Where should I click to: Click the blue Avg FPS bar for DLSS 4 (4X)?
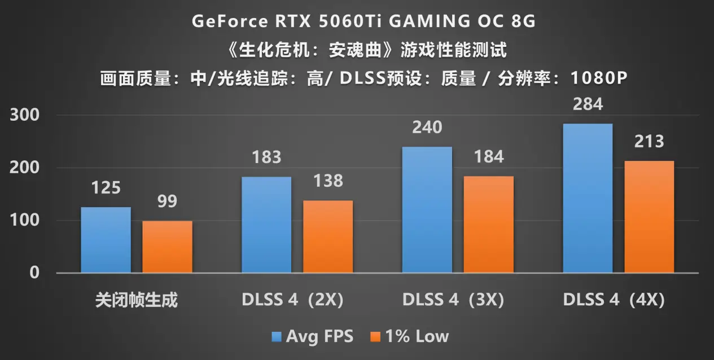pyautogui.click(x=588, y=198)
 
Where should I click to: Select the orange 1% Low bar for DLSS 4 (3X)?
pyautogui.click(x=489, y=225)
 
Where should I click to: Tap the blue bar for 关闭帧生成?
pyautogui.click(x=106, y=240)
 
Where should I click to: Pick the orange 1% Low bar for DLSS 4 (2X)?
pyautogui.click(x=328, y=236)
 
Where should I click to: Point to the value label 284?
pyautogui.click(x=588, y=104)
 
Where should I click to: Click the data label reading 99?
pyautogui.click(x=167, y=201)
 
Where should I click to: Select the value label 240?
pyautogui.click(x=427, y=128)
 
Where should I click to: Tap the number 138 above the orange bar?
pyautogui.click(x=328, y=181)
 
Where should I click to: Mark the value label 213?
pyautogui.click(x=649, y=142)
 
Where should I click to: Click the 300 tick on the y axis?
pyautogui.click(x=25, y=115)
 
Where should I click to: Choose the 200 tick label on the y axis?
pyautogui.click(x=25, y=168)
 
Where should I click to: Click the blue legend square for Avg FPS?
pyautogui.click(x=277, y=337)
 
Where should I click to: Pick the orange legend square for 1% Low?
pyautogui.click(x=376, y=337)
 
